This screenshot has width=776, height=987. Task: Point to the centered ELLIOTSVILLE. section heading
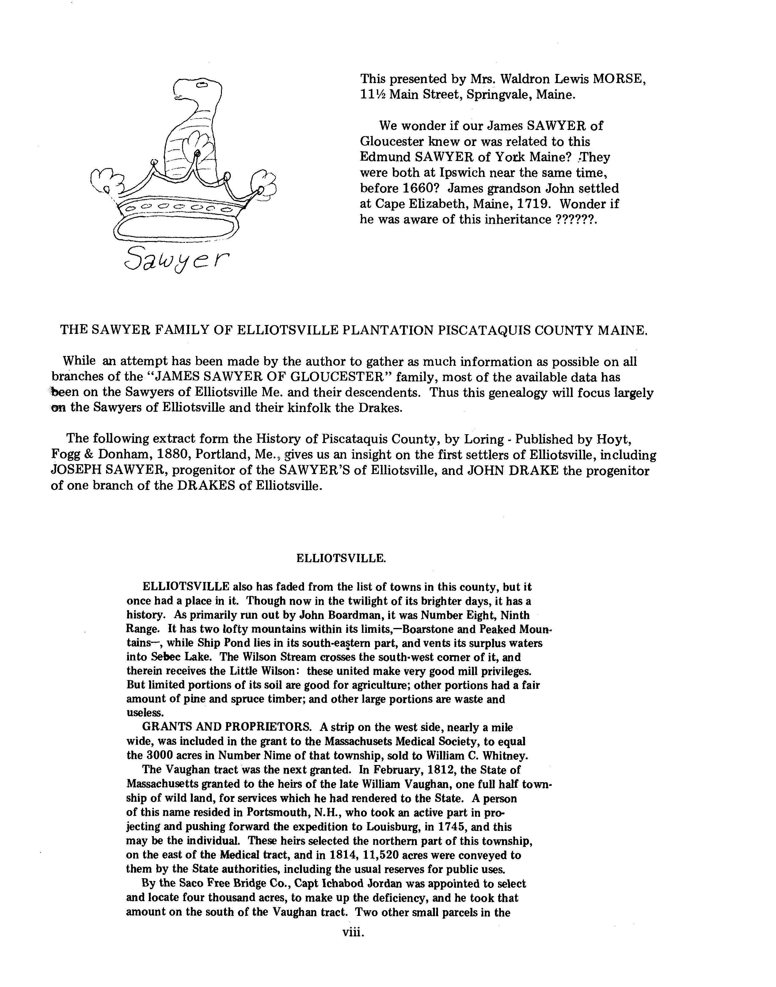pyautogui.click(x=341, y=558)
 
